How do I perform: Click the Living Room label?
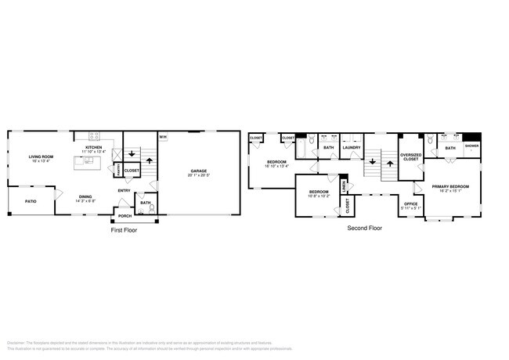click(x=42, y=157)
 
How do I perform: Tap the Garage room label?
click(x=197, y=171)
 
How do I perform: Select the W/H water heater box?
click(x=163, y=139)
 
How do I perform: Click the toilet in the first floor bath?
click(x=153, y=208)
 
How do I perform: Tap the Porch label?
click(x=125, y=215)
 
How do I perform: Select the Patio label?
click(x=31, y=201)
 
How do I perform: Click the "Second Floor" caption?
click(x=365, y=229)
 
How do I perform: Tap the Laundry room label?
click(x=352, y=147)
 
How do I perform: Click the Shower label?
click(x=472, y=146)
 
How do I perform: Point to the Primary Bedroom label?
click(x=449, y=186)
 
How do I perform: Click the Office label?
click(x=410, y=203)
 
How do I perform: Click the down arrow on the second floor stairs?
click(x=372, y=163)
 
